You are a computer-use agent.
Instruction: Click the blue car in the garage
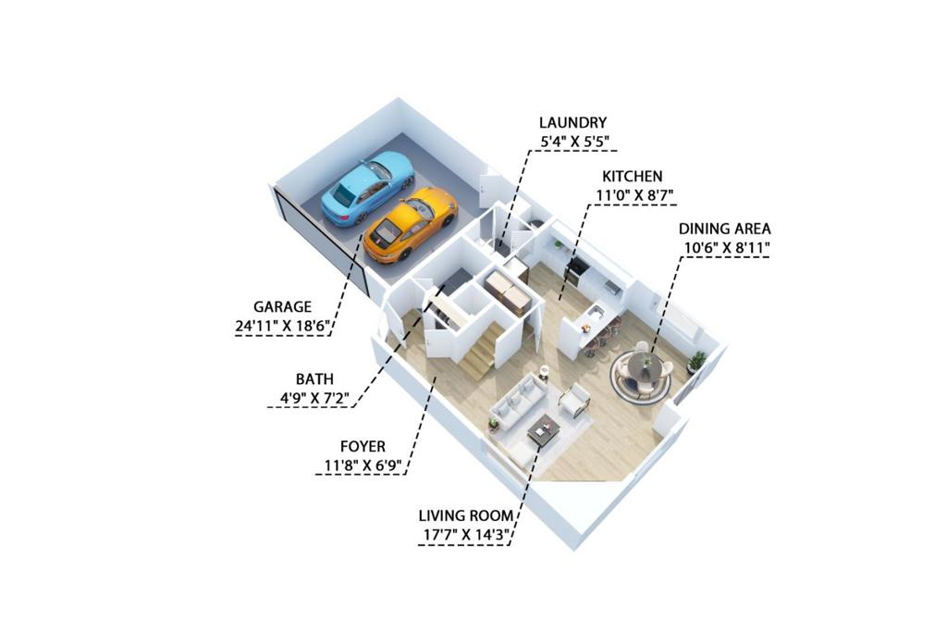pyautogui.click(x=366, y=188)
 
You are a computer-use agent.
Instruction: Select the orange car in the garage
pyautogui.click(x=410, y=223)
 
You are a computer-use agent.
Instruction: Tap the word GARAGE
pyautogui.click(x=282, y=306)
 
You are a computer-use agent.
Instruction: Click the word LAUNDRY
pyautogui.click(x=573, y=122)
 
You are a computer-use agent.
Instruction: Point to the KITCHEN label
pyautogui.click(x=632, y=176)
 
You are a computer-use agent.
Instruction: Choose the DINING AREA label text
pyautogui.click(x=724, y=229)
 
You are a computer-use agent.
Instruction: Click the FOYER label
pyautogui.click(x=363, y=446)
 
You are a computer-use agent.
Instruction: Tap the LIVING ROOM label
pyautogui.click(x=464, y=515)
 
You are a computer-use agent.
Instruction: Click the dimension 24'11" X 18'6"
pyautogui.click(x=282, y=325)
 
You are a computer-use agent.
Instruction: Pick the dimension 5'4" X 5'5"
pyautogui.click(x=574, y=142)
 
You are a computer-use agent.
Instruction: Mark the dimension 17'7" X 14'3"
pyautogui.click(x=464, y=534)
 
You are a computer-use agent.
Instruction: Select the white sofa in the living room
pyautogui.click(x=521, y=399)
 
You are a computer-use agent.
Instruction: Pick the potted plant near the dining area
pyautogui.click(x=695, y=361)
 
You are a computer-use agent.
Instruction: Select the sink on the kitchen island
pyautogui.click(x=596, y=313)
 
